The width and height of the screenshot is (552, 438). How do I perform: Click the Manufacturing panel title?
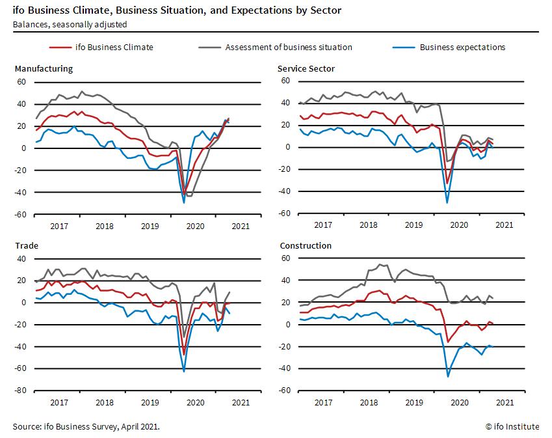[44, 69]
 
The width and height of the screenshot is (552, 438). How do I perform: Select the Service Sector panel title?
[306, 69]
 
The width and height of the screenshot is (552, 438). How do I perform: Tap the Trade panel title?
[26, 246]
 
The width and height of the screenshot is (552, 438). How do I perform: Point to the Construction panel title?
[305, 246]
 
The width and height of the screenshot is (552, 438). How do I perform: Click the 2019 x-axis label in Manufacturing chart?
[150, 226]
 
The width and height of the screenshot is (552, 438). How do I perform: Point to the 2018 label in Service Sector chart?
[368, 225]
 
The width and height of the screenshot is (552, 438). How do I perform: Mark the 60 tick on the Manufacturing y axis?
[21, 82]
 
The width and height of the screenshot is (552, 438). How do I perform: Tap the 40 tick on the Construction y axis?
[285, 281]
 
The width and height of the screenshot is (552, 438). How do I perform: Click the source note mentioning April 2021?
[86, 427]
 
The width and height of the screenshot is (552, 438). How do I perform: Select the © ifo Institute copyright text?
[512, 427]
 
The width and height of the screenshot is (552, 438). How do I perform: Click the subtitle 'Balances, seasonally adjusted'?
[70, 25]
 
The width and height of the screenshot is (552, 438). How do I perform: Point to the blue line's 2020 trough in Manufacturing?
[184, 202]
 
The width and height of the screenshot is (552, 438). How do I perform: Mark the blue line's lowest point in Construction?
[447, 376]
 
